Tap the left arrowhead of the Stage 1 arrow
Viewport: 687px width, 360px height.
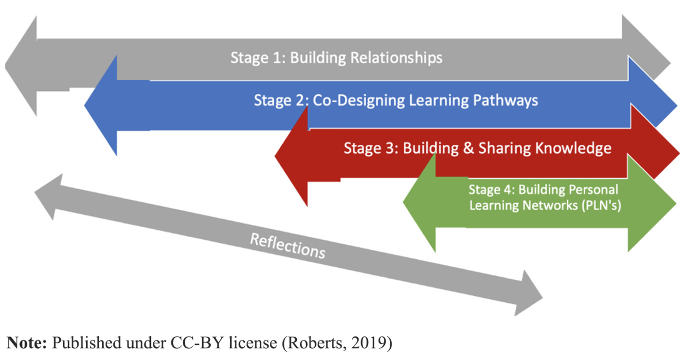click(22, 65)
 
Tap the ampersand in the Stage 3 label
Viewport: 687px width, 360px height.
click(468, 148)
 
